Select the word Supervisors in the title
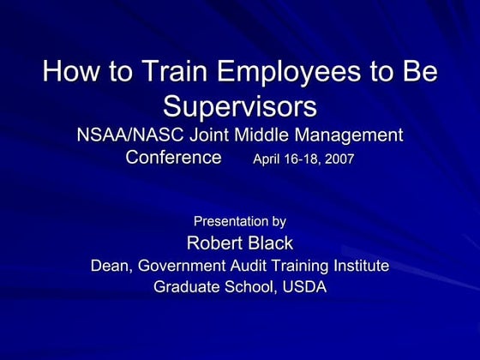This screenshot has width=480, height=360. (239, 106)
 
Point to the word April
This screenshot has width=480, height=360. (268, 159)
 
